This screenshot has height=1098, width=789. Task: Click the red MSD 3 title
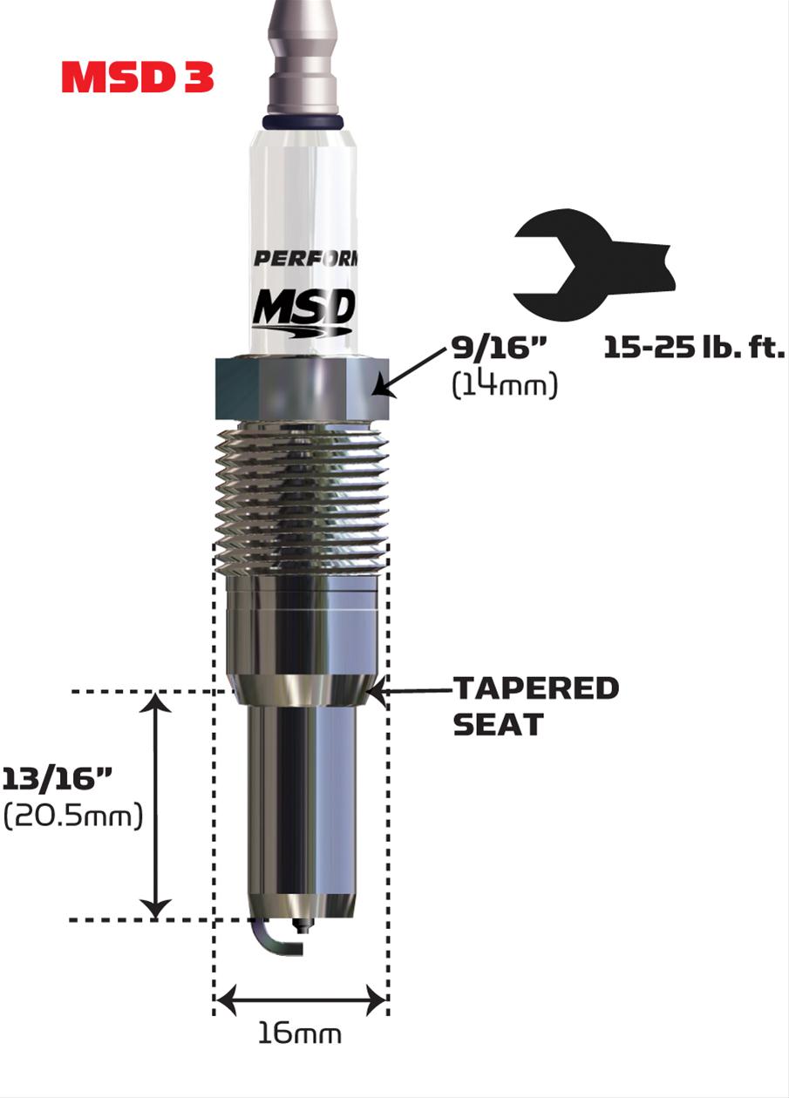click(x=138, y=78)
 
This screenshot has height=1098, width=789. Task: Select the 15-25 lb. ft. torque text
click(x=694, y=349)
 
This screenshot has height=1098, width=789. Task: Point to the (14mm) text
click(x=504, y=384)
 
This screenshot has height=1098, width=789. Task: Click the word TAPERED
click(x=536, y=688)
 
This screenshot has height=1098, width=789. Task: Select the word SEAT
click(x=497, y=724)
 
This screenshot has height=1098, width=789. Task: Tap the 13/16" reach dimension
click(x=58, y=779)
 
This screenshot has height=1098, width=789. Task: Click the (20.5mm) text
click(x=73, y=817)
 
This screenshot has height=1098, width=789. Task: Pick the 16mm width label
click(x=299, y=1034)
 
